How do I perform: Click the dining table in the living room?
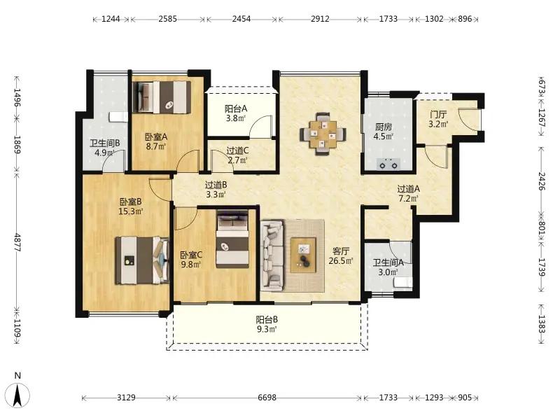click(323, 134)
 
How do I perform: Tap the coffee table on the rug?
click(303, 255)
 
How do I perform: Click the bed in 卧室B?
click(142, 260)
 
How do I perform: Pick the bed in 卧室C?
click(232, 239)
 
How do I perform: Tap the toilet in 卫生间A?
click(403, 283)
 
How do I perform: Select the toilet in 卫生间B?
click(118, 117)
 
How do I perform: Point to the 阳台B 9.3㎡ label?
click(267, 324)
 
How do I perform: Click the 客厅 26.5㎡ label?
click(341, 256)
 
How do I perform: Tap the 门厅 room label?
click(438, 115)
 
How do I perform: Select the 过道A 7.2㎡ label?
click(409, 193)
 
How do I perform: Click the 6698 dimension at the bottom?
click(267, 398)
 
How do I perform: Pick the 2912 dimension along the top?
click(320, 19)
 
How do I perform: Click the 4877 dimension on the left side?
click(17, 242)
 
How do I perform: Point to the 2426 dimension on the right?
click(542, 181)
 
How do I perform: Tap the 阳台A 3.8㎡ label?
click(236, 113)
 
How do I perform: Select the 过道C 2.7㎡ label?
click(237, 155)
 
